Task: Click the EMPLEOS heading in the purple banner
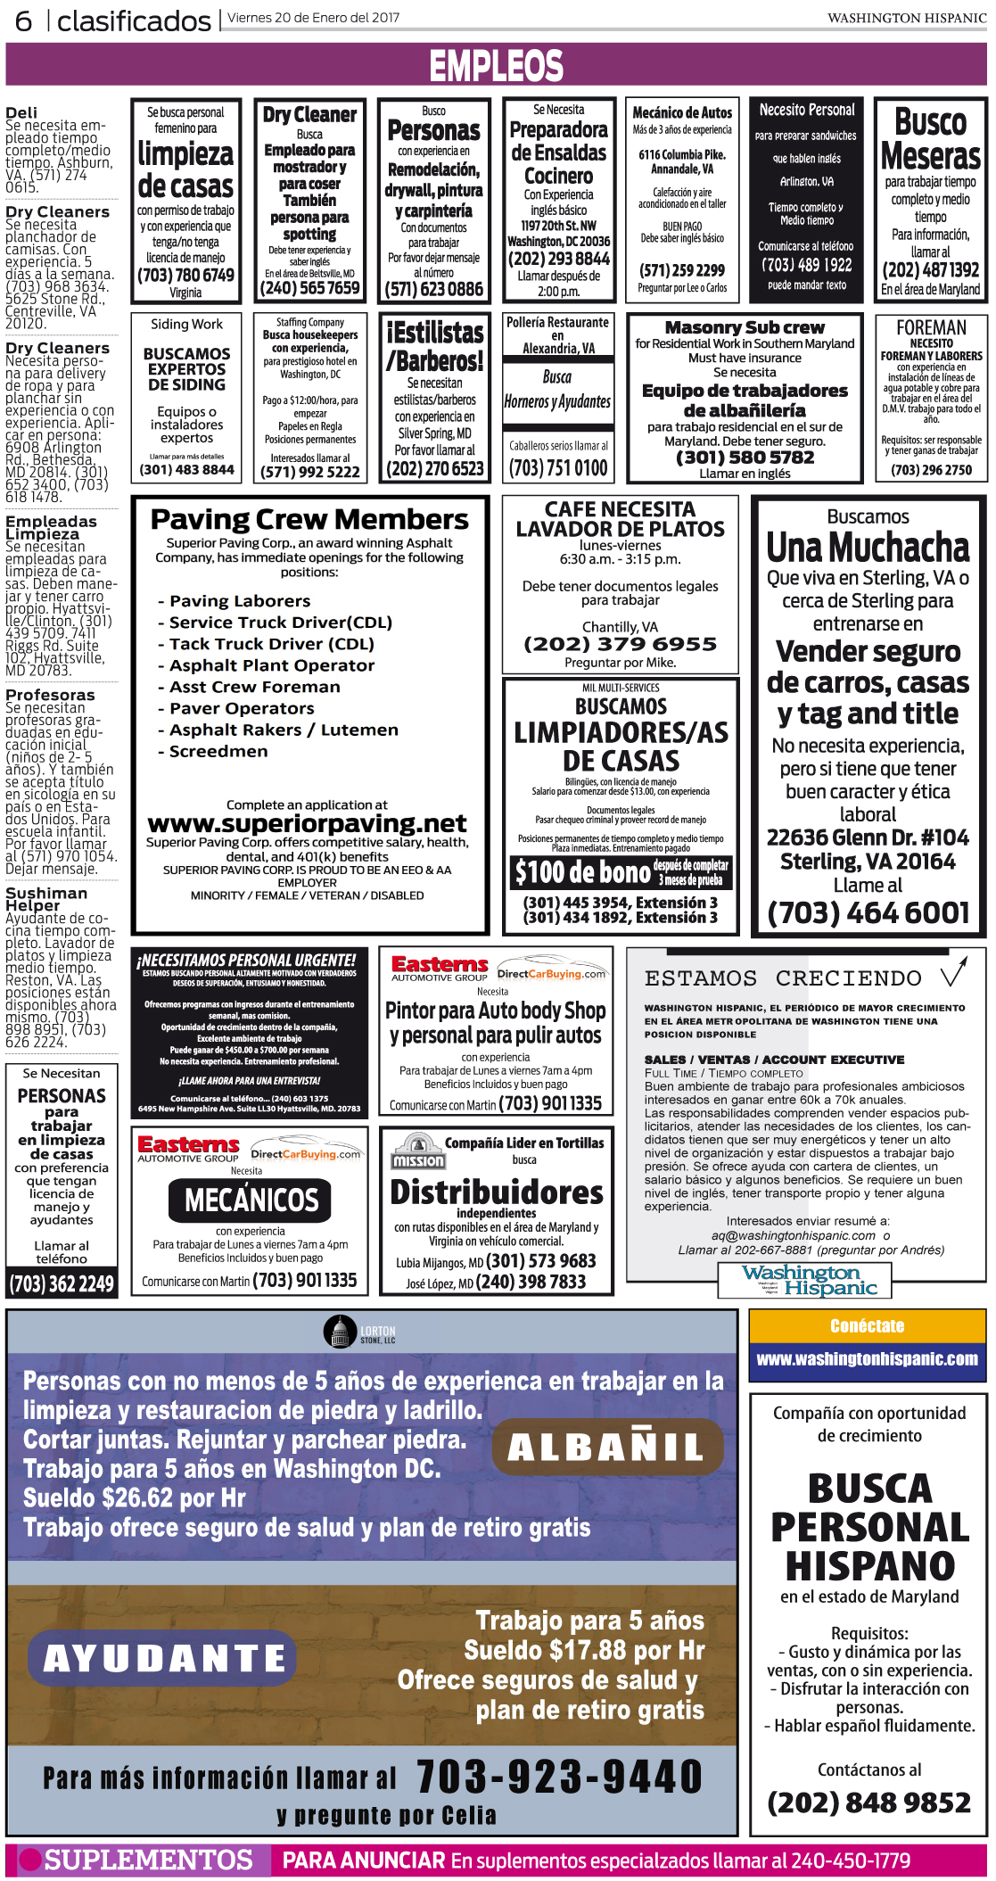(x=497, y=66)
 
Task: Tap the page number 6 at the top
(x=24, y=21)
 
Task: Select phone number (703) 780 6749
(x=185, y=276)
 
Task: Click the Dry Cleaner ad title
(x=309, y=115)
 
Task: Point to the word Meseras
(x=930, y=156)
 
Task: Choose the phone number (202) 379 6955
(x=620, y=644)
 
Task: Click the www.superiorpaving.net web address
(x=307, y=822)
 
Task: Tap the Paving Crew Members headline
(x=309, y=519)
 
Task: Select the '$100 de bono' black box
(x=621, y=871)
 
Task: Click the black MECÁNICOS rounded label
(x=251, y=1200)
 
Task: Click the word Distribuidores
(x=497, y=1192)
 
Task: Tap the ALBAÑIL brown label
(x=606, y=1447)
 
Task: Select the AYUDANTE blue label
(x=163, y=1657)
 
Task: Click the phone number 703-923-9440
(x=559, y=1775)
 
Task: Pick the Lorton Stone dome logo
(x=340, y=1332)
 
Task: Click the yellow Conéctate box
(x=867, y=1326)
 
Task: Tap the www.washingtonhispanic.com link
(x=867, y=1359)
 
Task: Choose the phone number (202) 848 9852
(x=868, y=1803)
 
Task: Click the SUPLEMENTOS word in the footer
(x=148, y=1860)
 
